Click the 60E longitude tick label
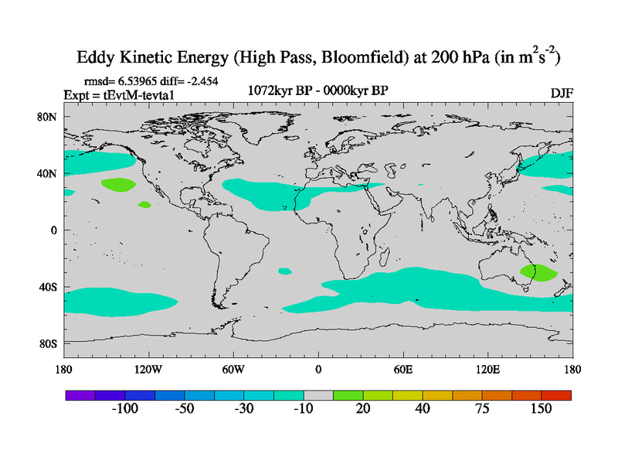click(x=402, y=369)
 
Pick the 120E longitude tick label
click(x=487, y=369)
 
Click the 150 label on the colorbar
click(x=541, y=409)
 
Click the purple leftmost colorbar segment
click(x=80, y=394)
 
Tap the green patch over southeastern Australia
click(x=538, y=272)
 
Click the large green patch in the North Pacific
click(x=118, y=185)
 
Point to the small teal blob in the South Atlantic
click(x=285, y=271)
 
